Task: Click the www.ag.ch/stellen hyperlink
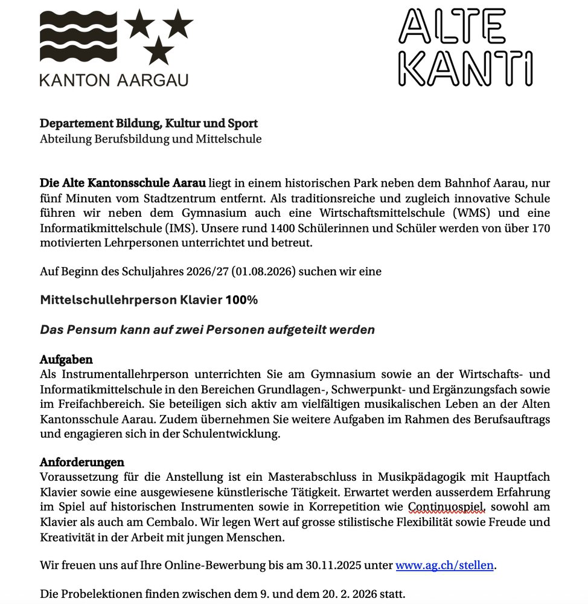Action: point(445,565)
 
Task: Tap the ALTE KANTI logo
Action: point(465,47)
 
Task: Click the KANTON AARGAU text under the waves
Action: point(114,80)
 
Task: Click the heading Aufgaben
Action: point(66,360)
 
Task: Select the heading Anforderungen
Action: point(82,462)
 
